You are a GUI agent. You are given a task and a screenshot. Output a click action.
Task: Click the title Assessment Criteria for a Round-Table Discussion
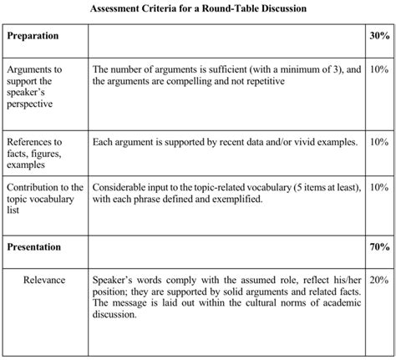point(198,9)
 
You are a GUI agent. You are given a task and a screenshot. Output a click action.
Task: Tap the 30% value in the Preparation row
point(379,38)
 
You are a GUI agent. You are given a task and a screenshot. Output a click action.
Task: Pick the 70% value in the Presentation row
point(379,246)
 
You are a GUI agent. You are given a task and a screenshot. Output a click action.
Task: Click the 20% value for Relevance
point(379,279)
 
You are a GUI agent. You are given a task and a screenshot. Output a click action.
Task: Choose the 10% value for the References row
point(379,143)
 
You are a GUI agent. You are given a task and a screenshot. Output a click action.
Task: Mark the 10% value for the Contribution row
point(379,188)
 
